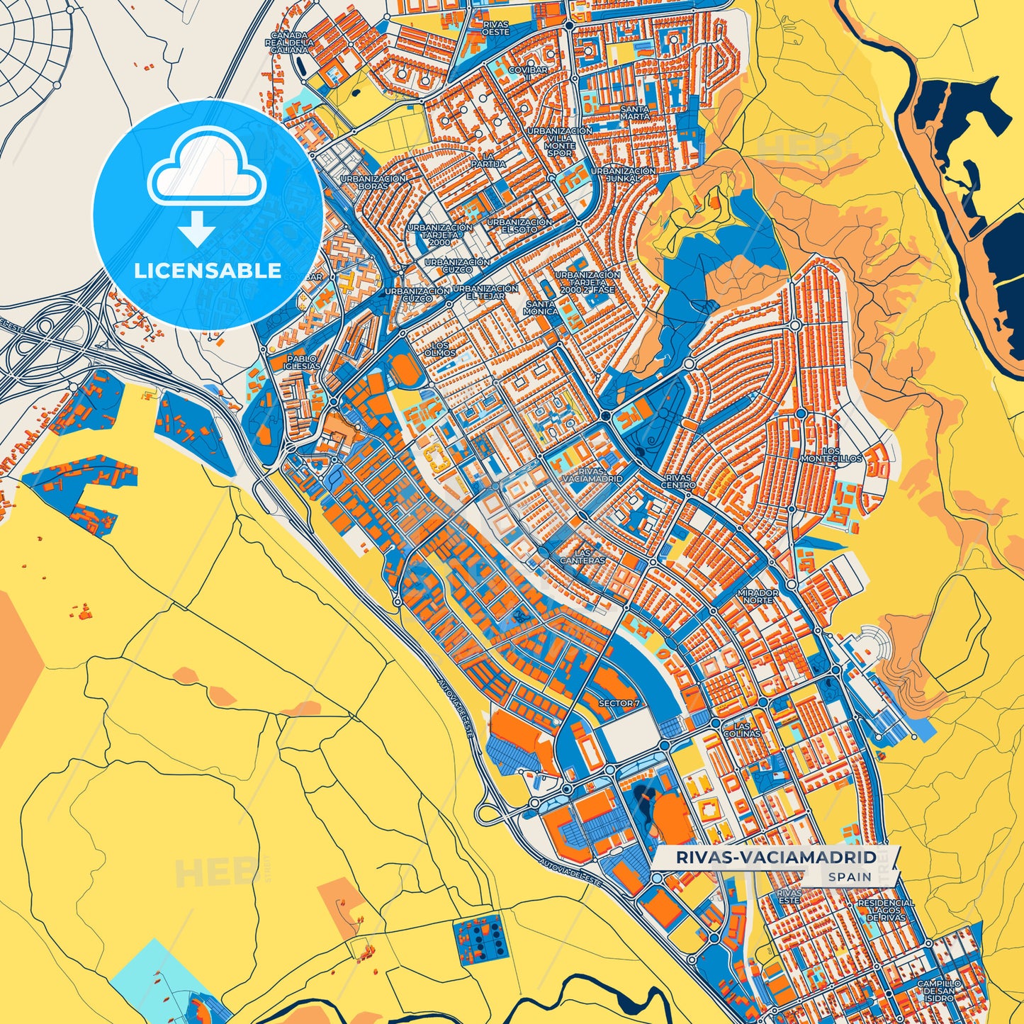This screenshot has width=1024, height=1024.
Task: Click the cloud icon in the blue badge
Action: point(206,173)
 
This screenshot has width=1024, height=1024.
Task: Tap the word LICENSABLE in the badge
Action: point(208,271)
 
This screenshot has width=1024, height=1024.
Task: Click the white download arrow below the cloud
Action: point(197,229)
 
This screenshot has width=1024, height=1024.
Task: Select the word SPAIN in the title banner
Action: point(850,877)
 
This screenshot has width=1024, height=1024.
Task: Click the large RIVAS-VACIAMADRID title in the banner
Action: point(776,857)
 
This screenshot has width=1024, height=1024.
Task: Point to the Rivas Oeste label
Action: point(496,28)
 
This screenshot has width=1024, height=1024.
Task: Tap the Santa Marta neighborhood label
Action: point(635,113)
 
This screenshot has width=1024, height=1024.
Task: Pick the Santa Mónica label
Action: point(541,308)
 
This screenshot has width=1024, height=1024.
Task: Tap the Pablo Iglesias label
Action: point(302,363)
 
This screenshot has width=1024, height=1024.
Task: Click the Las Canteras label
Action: point(583,556)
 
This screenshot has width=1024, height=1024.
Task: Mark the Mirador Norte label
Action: point(758,596)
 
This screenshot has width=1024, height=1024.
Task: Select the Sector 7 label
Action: point(619,703)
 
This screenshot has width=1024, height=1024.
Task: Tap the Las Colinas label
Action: point(741,730)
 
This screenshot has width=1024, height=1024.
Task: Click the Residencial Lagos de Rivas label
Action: point(886,910)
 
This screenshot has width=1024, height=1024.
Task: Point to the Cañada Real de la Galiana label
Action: point(290,43)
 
